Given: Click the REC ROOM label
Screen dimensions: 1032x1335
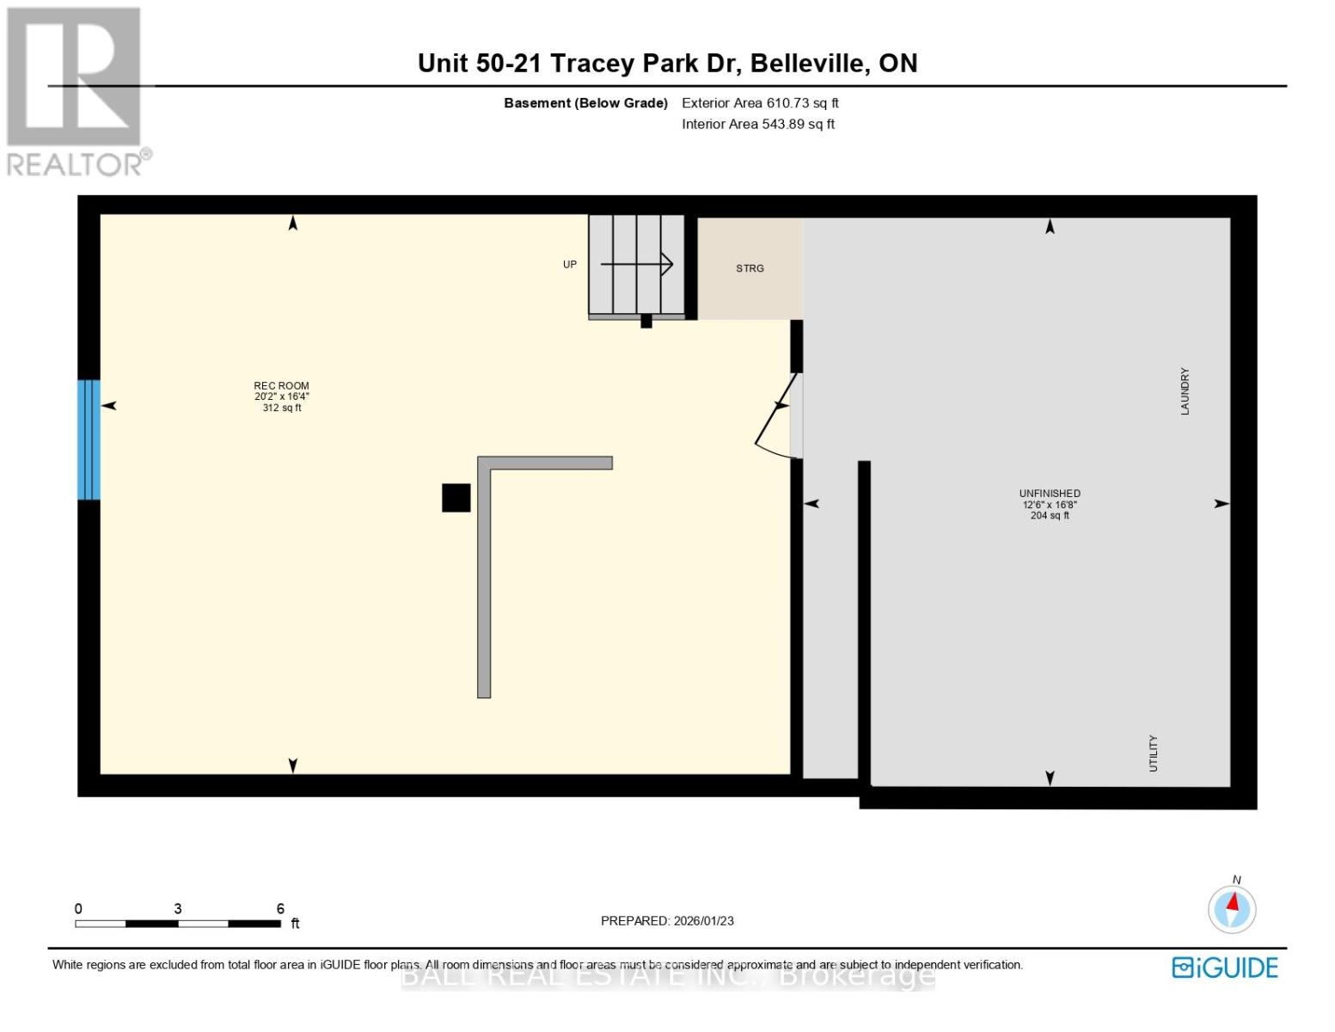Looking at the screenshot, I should (x=281, y=387).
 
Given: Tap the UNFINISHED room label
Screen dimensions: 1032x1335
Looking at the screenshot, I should (x=1050, y=494).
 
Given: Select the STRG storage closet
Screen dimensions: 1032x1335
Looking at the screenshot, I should (x=750, y=268).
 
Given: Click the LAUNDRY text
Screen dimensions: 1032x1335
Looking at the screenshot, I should (x=1185, y=391).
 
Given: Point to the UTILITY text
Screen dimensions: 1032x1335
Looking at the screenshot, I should (x=1154, y=753).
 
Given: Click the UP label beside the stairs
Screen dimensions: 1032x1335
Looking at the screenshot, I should (x=570, y=265).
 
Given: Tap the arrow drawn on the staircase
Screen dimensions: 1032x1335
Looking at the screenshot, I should (x=637, y=264).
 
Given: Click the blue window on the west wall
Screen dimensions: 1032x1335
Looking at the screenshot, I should (x=89, y=439).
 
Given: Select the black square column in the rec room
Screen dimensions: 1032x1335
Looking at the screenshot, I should (x=456, y=498).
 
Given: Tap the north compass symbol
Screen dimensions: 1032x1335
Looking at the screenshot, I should (x=1232, y=908).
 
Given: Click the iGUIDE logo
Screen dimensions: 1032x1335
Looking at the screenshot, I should (x=1225, y=967).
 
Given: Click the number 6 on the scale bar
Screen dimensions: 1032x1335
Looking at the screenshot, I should (x=280, y=909).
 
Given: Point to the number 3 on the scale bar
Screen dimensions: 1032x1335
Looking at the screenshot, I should (x=178, y=909).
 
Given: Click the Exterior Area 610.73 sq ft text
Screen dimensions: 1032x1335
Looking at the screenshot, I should (x=760, y=103).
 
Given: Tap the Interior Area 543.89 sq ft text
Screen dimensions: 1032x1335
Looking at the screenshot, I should (x=758, y=125).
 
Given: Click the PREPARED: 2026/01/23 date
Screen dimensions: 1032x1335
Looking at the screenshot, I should (x=667, y=921).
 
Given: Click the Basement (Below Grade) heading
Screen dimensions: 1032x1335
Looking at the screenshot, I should (x=585, y=103).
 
